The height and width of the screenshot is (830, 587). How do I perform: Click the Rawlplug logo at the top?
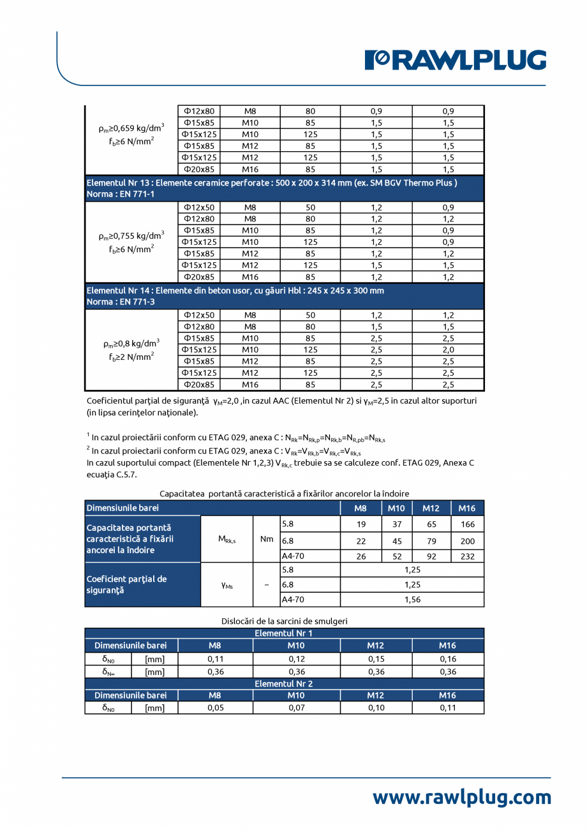455,60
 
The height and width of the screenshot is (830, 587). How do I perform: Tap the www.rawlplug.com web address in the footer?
461,797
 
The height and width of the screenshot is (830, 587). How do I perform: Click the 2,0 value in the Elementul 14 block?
448,350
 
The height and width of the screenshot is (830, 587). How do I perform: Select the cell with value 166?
467,524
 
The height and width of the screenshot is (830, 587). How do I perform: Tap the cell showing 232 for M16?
467,556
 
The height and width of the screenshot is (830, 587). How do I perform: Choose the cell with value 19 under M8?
360,524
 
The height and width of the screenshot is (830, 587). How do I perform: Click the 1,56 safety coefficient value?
412,600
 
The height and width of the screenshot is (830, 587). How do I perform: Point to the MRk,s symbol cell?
227,540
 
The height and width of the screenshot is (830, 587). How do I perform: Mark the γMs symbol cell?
227,584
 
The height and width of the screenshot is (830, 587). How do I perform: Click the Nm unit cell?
266,540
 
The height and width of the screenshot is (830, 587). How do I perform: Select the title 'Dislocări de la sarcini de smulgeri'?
284,621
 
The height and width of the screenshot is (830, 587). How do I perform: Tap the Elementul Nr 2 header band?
284,683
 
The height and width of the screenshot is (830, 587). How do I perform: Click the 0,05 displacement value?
215,708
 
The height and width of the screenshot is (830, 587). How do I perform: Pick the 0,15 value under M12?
376,659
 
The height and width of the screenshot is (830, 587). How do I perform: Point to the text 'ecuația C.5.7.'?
111,475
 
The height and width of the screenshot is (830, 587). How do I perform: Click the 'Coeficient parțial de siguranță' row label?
126,584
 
